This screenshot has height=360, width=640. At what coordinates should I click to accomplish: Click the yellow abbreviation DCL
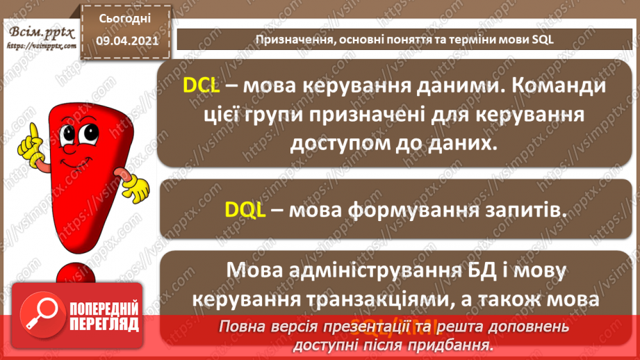201,85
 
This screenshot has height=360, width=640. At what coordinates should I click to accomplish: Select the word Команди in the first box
548,85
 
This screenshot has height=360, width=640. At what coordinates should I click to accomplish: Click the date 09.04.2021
124,41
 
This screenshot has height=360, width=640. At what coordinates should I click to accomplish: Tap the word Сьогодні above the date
124,19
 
